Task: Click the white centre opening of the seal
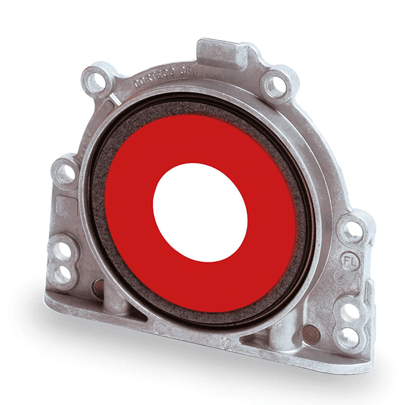(x=200, y=212)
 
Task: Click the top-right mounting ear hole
(x=273, y=84)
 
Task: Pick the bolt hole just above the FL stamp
(x=352, y=230)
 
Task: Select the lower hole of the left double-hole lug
(x=63, y=273)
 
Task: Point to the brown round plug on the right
(x=312, y=334)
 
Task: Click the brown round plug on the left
(x=98, y=287)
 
